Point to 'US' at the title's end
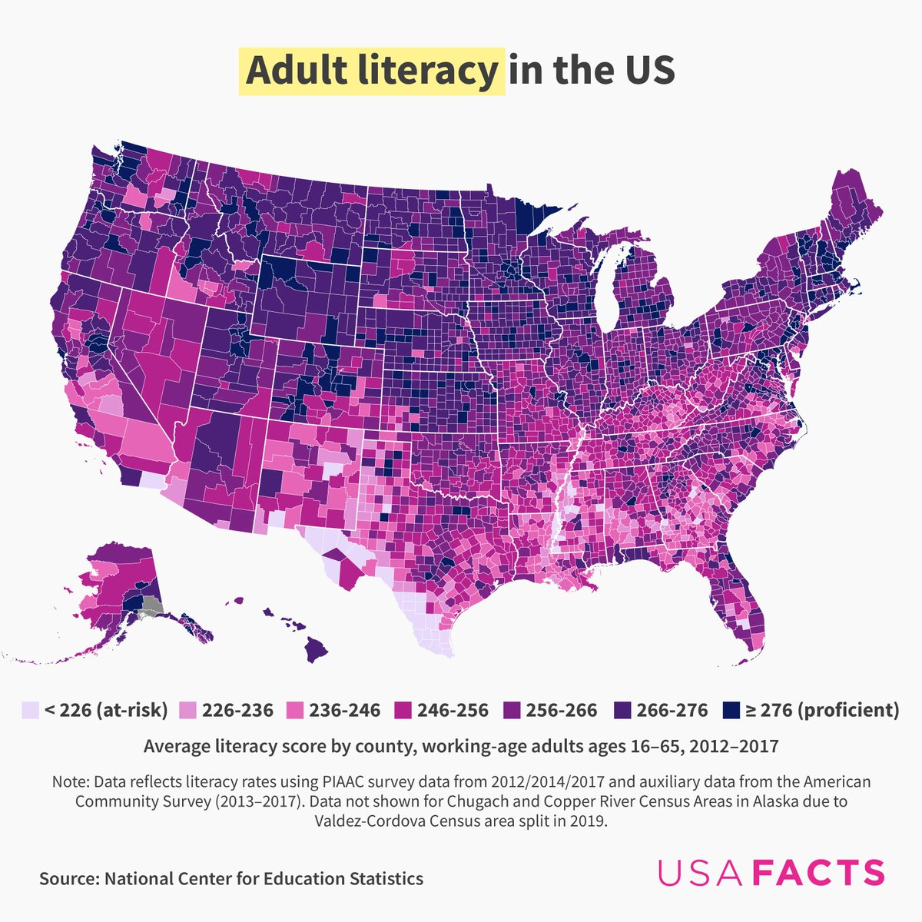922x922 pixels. (646, 71)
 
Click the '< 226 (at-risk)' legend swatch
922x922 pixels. (30, 710)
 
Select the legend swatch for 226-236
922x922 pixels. (187, 710)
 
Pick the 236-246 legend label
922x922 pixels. (345, 710)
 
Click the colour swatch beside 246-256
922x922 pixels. (403, 710)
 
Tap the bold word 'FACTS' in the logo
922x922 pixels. (818, 873)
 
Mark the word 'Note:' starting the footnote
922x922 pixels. (71, 782)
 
